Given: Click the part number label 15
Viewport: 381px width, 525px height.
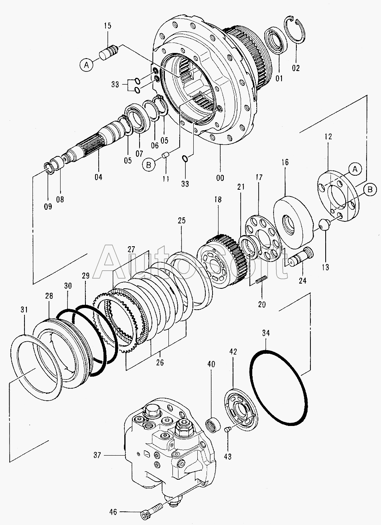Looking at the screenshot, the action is click(108, 26).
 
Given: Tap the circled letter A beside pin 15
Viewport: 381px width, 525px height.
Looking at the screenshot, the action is click(87, 65).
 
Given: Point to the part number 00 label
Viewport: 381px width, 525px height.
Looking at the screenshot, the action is click(220, 178).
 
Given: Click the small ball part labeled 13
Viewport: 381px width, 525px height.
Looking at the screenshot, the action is click(325, 225).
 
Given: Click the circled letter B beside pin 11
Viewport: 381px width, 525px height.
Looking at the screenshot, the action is click(148, 165).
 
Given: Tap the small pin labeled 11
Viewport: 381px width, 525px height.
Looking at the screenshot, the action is click(166, 155).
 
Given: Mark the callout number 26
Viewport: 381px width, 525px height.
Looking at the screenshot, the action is click(160, 363).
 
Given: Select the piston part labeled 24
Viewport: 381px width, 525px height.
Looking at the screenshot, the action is click(301, 257).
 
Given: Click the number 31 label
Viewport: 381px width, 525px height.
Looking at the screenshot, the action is click(24, 310).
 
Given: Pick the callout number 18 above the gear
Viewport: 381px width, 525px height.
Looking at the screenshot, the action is click(218, 199).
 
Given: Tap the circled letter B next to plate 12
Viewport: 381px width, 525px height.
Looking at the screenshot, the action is click(370, 189).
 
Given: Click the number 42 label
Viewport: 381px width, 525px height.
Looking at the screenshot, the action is click(233, 352).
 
